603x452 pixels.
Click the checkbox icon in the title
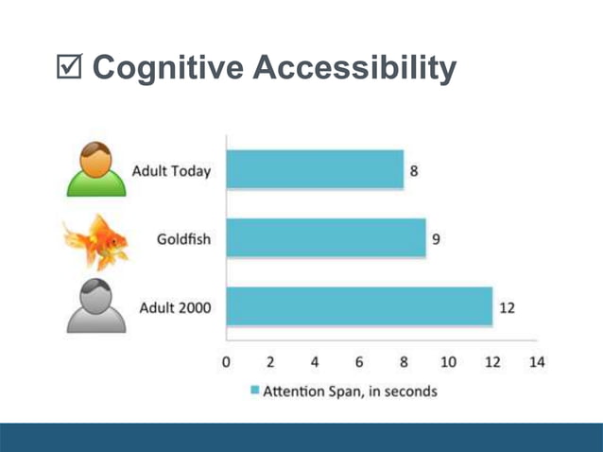pyautogui.click(x=72, y=68)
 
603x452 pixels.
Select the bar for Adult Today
pyautogui.click(x=315, y=170)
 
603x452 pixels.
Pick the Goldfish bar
pyautogui.click(x=326, y=238)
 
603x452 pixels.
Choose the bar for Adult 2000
pyautogui.click(x=359, y=307)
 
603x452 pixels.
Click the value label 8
pyautogui.click(x=413, y=171)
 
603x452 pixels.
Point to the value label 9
pyautogui.click(x=436, y=239)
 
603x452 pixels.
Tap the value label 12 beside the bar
pyautogui.click(x=507, y=308)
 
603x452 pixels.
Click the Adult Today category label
pyautogui.click(x=172, y=171)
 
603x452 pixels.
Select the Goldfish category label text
pyautogui.click(x=183, y=239)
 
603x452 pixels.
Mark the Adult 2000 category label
pyautogui.click(x=175, y=308)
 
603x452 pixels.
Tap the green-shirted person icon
pyautogui.click(x=95, y=171)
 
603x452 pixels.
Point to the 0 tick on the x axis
pyautogui.click(x=226, y=361)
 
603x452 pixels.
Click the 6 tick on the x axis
pyautogui.click(x=359, y=361)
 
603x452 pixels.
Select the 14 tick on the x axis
pyautogui.click(x=537, y=361)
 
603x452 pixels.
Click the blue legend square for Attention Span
pyautogui.click(x=253, y=390)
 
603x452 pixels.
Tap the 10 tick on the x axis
pyautogui.click(x=448, y=361)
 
